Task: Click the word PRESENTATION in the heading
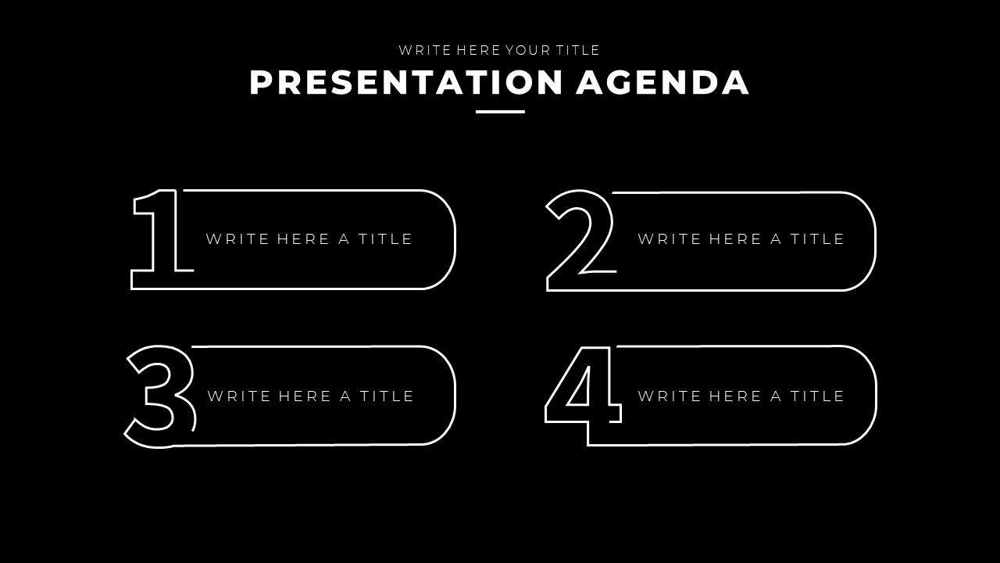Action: point(406,83)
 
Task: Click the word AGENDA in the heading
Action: point(662,83)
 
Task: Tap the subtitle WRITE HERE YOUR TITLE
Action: point(499,50)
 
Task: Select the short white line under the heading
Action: point(500,112)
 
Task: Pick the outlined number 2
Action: point(580,238)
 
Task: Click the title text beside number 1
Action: point(309,239)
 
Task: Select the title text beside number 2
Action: point(741,239)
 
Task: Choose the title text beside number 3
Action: point(311,396)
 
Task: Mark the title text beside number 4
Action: point(741,396)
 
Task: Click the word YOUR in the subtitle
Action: point(527,50)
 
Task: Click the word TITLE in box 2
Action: point(817,239)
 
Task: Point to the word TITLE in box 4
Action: point(817,396)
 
